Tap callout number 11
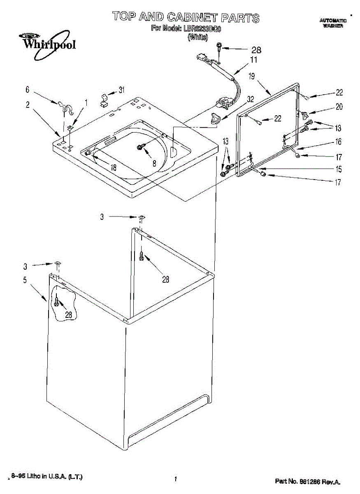(253, 60)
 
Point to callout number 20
(339, 107)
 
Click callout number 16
(338, 142)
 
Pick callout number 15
(338, 169)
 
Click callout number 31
(121, 90)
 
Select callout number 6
(28, 89)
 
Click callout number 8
(154, 163)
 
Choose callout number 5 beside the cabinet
(25, 280)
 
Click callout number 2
(28, 105)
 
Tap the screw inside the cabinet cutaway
(57, 304)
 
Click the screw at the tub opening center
(139, 147)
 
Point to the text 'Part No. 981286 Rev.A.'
(307, 481)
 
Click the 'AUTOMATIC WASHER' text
(333, 23)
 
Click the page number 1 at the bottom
(175, 479)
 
